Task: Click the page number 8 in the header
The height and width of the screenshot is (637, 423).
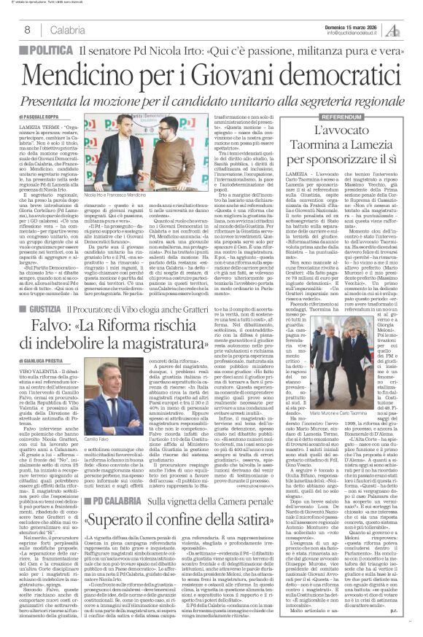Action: (26, 29)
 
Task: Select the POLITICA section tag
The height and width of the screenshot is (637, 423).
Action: (42, 49)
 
